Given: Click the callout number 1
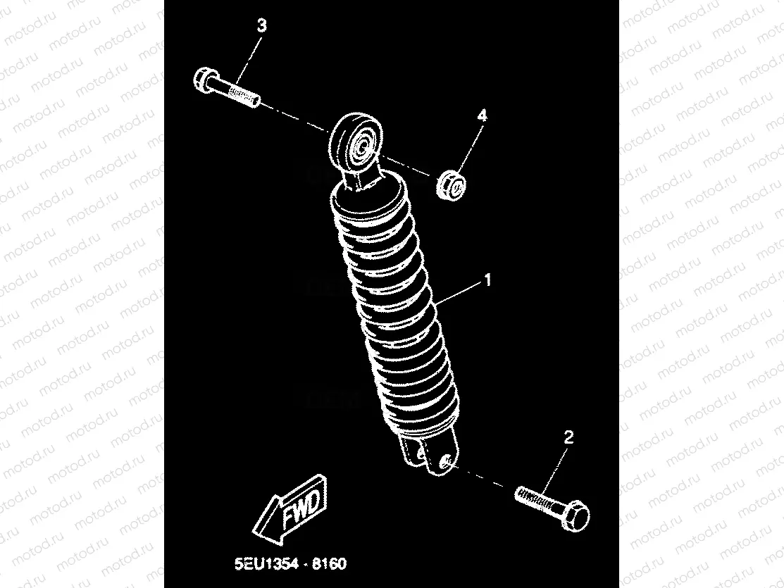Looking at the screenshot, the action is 487,280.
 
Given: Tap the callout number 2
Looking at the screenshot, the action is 568,437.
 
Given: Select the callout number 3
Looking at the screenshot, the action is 261,25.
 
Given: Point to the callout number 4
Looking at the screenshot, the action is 481,116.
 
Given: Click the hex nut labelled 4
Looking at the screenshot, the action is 452,186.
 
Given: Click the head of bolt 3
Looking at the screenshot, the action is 204,81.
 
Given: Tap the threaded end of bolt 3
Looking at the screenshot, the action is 244,95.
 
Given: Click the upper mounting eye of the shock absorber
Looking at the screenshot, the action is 356,142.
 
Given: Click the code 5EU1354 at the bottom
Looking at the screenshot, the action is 266,564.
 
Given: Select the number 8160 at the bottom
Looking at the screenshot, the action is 329,564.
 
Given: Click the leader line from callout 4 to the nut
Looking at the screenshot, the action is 468,148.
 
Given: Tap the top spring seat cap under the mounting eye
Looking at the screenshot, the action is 370,196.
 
